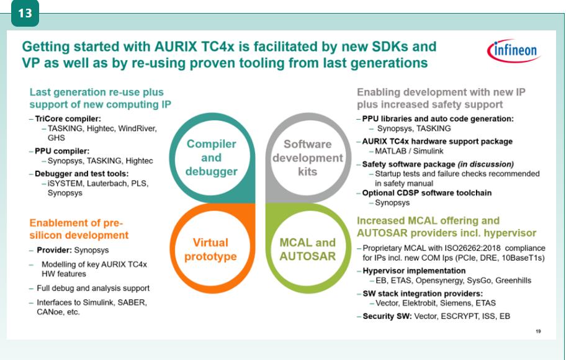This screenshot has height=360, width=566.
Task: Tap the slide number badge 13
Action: coord(25,13)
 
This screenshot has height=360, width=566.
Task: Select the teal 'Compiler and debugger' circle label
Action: coord(212,158)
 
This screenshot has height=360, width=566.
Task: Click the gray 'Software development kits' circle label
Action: coord(307,158)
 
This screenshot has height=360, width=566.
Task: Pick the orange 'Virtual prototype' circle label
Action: coord(210,249)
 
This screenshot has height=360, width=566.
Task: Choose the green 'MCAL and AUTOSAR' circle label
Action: coord(308,249)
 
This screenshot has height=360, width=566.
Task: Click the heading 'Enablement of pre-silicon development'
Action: coord(79,228)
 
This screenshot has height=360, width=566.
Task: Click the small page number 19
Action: coord(537,331)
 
